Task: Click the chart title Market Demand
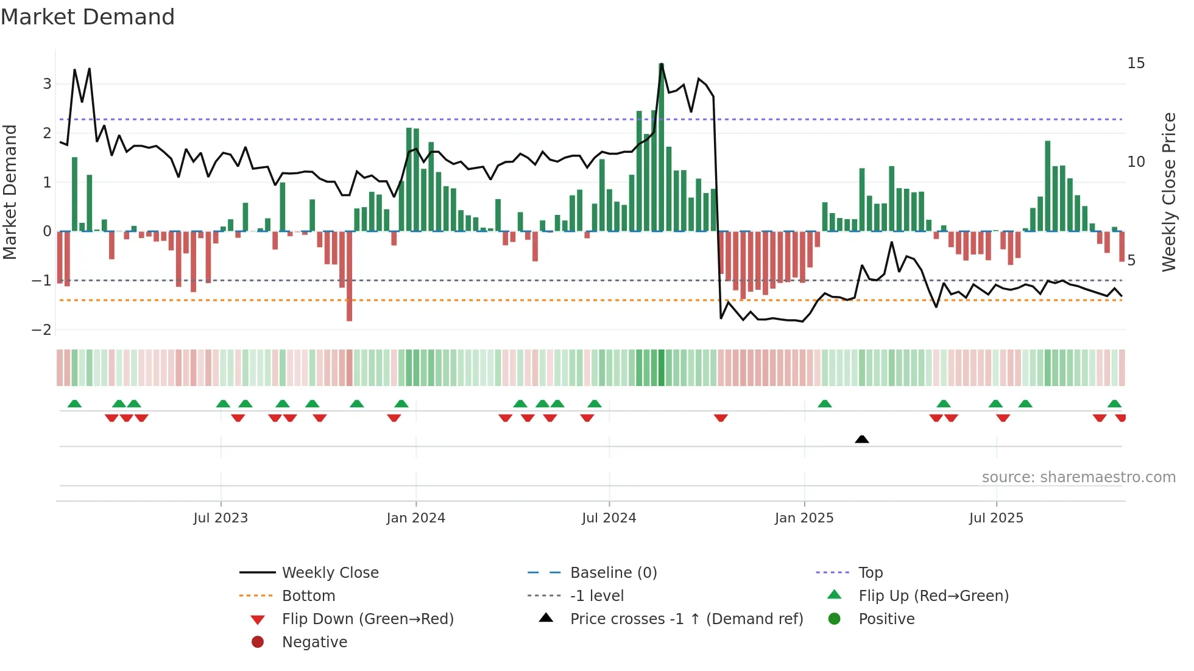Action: click(88, 17)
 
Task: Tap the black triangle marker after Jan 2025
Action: click(861, 439)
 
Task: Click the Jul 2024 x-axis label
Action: click(609, 518)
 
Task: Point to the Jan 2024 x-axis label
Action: click(415, 518)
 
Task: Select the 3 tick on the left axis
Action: click(47, 84)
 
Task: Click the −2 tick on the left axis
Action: click(41, 330)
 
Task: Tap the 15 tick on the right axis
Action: click(1136, 63)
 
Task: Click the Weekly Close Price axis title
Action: click(1168, 192)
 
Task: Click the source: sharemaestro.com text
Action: click(1078, 477)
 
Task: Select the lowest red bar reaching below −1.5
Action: click(349, 304)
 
